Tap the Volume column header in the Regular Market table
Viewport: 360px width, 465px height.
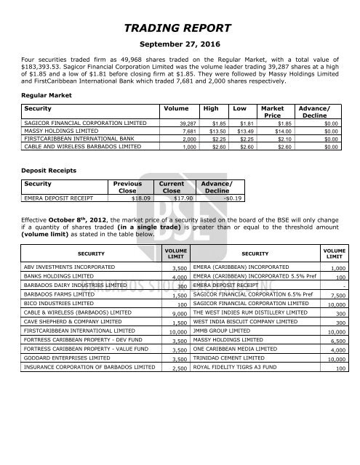tap(172, 108)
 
